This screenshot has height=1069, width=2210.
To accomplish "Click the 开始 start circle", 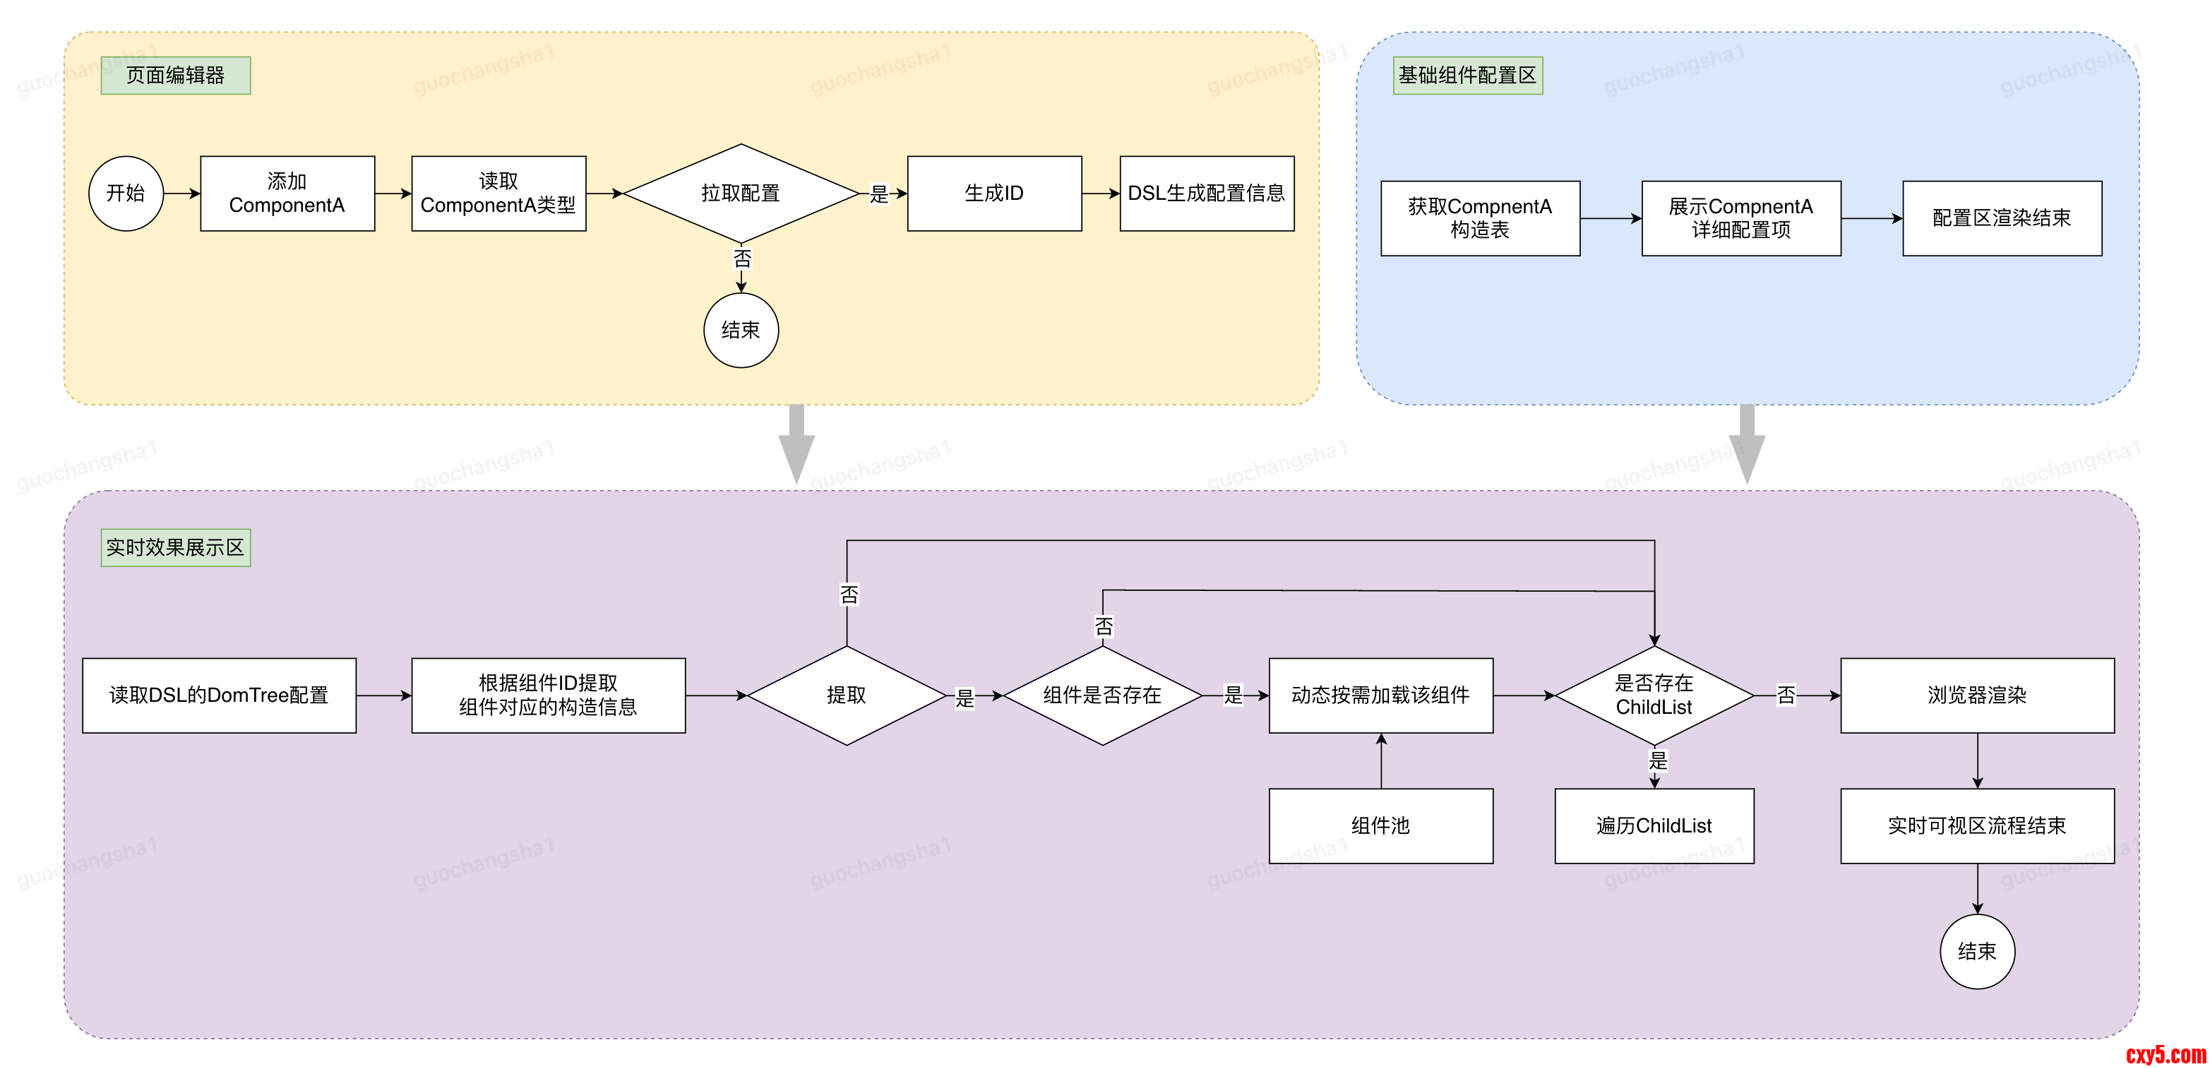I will click(x=126, y=193).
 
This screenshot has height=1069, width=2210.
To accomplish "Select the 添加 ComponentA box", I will click(x=287, y=193).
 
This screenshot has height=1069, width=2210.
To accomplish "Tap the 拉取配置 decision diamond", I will click(x=741, y=193).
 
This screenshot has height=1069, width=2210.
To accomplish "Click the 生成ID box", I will click(x=994, y=193).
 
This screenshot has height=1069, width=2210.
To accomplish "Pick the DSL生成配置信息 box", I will click(x=1206, y=193).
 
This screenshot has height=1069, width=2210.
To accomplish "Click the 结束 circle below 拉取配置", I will click(x=741, y=330).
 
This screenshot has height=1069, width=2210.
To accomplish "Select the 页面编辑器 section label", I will click(x=176, y=76).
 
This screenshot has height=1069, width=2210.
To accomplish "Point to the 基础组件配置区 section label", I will click(x=1467, y=76).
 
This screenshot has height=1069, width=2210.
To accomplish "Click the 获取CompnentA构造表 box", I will click(x=1480, y=218).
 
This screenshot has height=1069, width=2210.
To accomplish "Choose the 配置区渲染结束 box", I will click(x=2002, y=218).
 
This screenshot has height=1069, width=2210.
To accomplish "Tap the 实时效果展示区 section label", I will click(x=176, y=547).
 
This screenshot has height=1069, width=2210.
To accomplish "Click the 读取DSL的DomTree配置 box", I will click(x=219, y=695).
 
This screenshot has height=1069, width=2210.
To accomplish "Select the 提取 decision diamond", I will click(x=847, y=695).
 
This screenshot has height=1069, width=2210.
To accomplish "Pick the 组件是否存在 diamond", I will click(x=1102, y=695).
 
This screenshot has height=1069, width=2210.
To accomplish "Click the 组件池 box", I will click(x=1380, y=825).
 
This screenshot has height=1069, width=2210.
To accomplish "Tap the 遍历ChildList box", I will click(x=1654, y=825).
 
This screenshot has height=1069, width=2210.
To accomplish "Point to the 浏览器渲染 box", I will click(x=1977, y=695).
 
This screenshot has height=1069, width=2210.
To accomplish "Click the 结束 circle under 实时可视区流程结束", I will click(x=1977, y=952).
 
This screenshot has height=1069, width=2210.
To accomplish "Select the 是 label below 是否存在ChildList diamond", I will click(x=1658, y=760).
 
